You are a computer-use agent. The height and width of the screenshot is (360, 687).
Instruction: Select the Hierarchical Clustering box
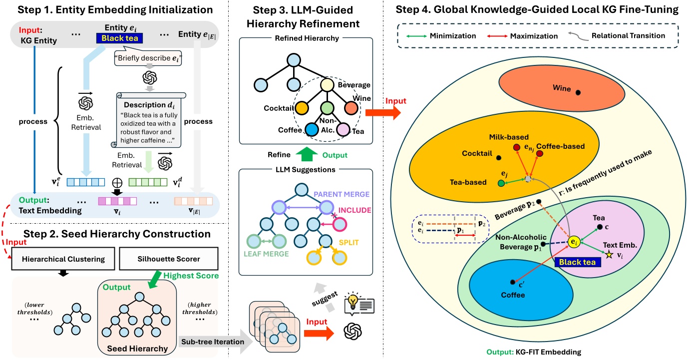tap(57, 260)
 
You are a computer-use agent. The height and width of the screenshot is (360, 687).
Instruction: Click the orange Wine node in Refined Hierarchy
tap(349, 108)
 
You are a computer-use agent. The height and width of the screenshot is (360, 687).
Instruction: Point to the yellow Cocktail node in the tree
tap(301, 108)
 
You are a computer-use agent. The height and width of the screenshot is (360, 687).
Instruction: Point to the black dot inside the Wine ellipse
tap(578, 92)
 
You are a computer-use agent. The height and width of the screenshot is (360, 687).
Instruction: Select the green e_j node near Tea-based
tap(501, 183)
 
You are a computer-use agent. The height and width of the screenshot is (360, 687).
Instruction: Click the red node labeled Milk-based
tap(516, 147)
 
